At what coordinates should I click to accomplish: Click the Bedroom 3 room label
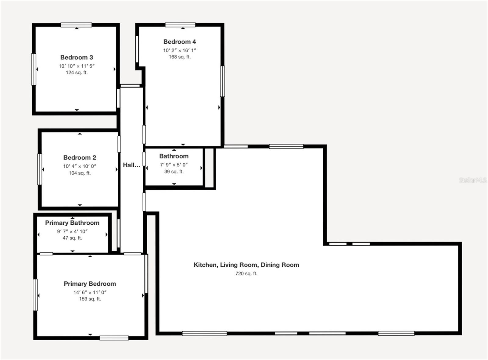pos(77,57)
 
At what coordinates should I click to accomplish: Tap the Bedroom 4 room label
pos(179,42)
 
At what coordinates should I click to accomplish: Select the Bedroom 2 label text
pos(80,158)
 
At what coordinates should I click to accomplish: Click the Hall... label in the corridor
pos(131,165)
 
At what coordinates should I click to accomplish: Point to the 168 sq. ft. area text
pos(180,57)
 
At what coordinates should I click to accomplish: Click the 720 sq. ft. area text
pos(246,274)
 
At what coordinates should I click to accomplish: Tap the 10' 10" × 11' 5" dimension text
pos(77,66)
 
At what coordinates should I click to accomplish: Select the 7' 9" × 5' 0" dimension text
pos(174,165)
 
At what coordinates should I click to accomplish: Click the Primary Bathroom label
pos(72,223)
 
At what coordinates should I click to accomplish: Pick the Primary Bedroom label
pos(90,284)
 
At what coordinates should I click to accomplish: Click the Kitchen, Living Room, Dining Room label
pos(246,265)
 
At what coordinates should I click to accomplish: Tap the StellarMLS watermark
pos(472,180)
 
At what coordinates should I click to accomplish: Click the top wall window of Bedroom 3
pos(76,25)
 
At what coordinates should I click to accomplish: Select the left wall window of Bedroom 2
pos(40,169)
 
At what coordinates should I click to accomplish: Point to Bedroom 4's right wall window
pos(222,81)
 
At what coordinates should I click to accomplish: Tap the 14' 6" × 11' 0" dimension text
pos(90,292)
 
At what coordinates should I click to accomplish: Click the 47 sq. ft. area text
pos(72,238)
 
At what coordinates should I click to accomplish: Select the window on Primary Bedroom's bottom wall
pos(114,338)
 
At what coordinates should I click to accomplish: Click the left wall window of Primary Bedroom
pos(35,295)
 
